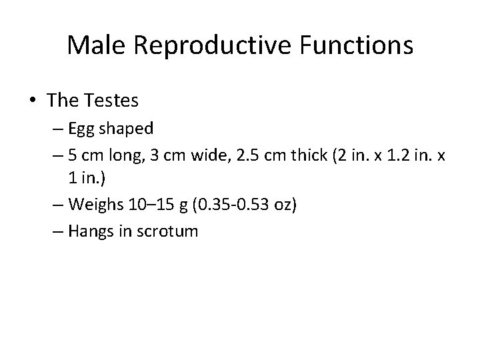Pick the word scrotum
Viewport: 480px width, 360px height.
click(169, 232)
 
